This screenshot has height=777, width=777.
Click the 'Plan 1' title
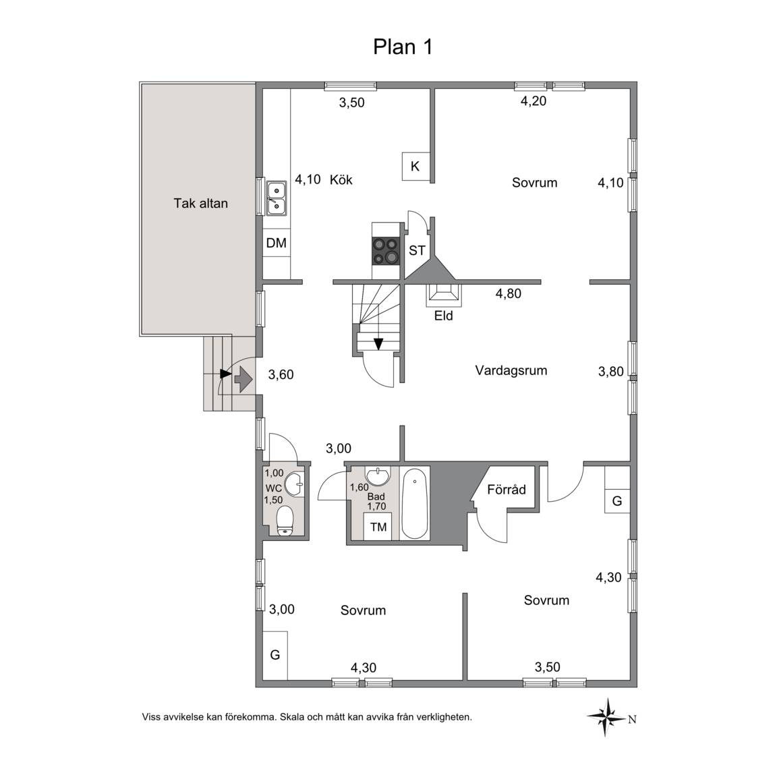click(x=403, y=47)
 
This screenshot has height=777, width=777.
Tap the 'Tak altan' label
click(x=201, y=203)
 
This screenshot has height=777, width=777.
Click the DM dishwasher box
click(x=276, y=243)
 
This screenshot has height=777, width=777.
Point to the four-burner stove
click(x=386, y=251)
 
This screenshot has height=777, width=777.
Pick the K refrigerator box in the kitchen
click(x=415, y=167)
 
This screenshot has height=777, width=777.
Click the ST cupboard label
click(x=417, y=251)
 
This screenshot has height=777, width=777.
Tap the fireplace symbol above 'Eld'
click(x=444, y=294)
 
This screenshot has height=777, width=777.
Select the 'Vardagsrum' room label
click(x=511, y=371)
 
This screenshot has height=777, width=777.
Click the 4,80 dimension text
click(x=509, y=294)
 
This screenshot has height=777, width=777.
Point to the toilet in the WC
click(x=285, y=520)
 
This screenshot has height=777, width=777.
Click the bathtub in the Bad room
click(x=414, y=504)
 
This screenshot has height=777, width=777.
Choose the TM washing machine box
click(x=378, y=527)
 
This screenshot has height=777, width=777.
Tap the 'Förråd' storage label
click(x=506, y=490)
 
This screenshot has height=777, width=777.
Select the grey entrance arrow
click(x=243, y=379)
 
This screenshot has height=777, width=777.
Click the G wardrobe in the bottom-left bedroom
click(x=275, y=655)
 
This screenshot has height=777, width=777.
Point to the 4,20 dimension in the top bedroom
click(x=534, y=101)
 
